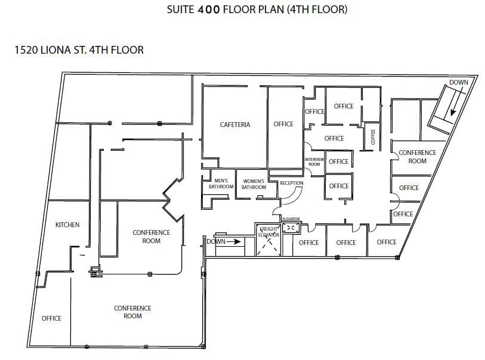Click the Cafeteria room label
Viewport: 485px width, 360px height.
pyautogui.click(x=235, y=125)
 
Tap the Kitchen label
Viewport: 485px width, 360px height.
pyautogui.click(x=67, y=225)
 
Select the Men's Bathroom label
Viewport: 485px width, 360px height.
pyautogui.click(x=221, y=184)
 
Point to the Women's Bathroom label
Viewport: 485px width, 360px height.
pyautogui.click(x=254, y=184)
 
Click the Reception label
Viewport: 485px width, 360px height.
pyautogui.click(x=292, y=183)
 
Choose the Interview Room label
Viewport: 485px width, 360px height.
pyautogui.click(x=314, y=162)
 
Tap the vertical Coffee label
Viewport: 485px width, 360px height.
pyautogui.click(x=373, y=136)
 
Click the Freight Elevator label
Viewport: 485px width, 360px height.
pyautogui.click(x=268, y=231)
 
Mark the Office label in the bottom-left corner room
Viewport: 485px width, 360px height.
pyautogui.click(x=51, y=318)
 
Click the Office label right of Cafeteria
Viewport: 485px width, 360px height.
pyautogui.click(x=283, y=124)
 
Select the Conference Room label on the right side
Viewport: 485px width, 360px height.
pyautogui.click(x=418, y=157)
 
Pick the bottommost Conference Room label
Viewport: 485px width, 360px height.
pyautogui.click(x=132, y=312)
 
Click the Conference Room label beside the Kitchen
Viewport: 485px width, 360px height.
pyautogui.click(x=151, y=237)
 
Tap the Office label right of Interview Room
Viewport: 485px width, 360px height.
pyautogui.click(x=338, y=162)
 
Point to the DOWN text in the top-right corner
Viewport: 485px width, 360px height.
pyautogui.click(x=459, y=82)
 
